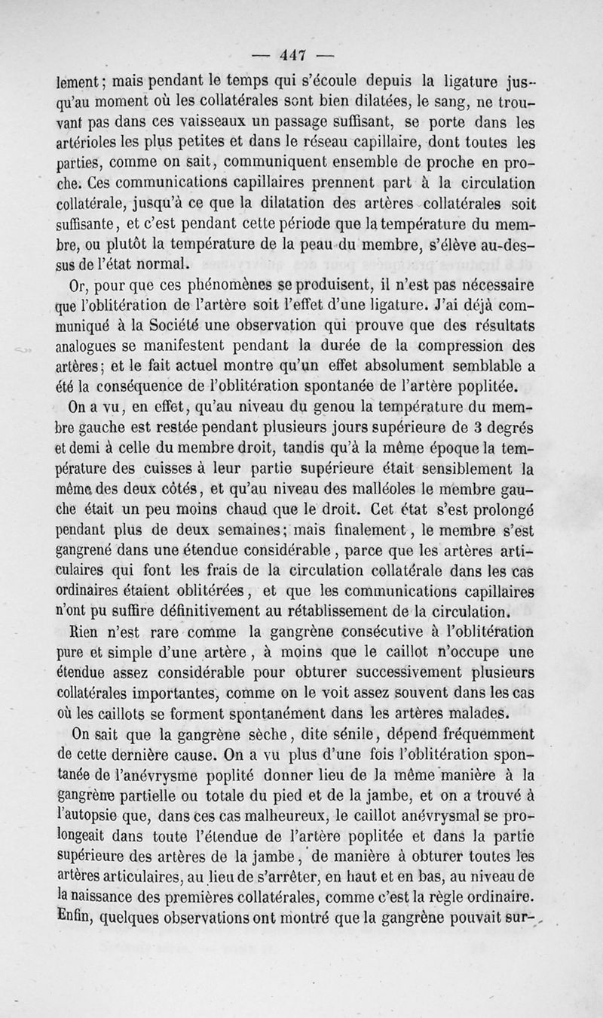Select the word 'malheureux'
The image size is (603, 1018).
click(x=289, y=814)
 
